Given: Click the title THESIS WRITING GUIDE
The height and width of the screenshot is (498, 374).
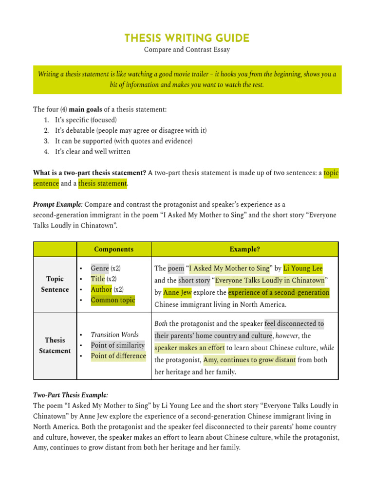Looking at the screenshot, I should (x=187, y=38).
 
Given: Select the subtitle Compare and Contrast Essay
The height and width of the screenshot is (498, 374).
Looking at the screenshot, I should (x=187, y=50).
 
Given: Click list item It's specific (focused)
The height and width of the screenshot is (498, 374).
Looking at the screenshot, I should (x=86, y=120).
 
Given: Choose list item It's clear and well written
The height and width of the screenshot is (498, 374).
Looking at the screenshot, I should (x=93, y=152).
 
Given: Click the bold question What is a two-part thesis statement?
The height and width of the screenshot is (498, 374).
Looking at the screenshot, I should (x=90, y=173).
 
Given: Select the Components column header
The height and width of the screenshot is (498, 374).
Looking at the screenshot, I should (x=113, y=249).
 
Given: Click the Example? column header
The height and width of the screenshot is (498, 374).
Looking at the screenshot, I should (x=244, y=249).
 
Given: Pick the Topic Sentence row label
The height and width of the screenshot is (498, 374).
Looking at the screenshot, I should (x=55, y=284).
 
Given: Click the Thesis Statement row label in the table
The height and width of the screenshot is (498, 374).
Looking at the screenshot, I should (x=55, y=345).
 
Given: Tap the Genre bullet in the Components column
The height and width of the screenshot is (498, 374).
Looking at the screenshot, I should (x=99, y=268).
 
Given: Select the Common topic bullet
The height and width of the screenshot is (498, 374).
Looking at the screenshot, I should (x=112, y=300).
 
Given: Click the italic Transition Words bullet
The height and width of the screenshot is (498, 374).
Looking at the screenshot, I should (x=114, y=335).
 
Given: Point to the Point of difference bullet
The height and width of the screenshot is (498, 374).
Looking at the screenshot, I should (x=118, y=356).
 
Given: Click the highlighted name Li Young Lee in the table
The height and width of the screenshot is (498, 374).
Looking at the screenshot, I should (x=302, y=268).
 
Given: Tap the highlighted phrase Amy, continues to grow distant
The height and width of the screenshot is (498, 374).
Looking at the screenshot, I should (x=249, y=360).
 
